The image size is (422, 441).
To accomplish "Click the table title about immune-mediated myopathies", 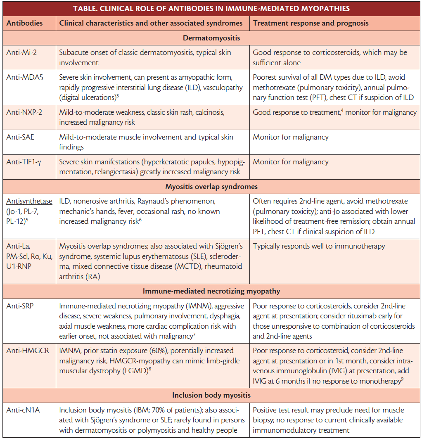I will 211,9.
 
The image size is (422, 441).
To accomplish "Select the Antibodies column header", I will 25,24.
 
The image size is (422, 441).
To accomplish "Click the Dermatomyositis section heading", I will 211,38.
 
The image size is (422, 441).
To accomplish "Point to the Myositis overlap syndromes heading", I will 211,187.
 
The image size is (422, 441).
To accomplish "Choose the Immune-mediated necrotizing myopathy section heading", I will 211,291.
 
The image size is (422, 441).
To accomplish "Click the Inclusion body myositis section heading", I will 211,396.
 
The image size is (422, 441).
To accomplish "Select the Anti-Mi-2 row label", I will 22,53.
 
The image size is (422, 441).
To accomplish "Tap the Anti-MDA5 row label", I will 25,77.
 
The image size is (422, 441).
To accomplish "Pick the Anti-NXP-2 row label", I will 25,113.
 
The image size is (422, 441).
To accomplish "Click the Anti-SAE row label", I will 21,137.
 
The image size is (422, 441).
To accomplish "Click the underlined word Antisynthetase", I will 29,201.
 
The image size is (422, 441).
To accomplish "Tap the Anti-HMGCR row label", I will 28,351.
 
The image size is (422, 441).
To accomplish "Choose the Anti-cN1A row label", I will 24,410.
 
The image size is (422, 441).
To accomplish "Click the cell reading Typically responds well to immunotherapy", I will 319,247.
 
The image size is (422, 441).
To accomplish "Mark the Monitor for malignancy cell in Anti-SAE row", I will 291,137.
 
